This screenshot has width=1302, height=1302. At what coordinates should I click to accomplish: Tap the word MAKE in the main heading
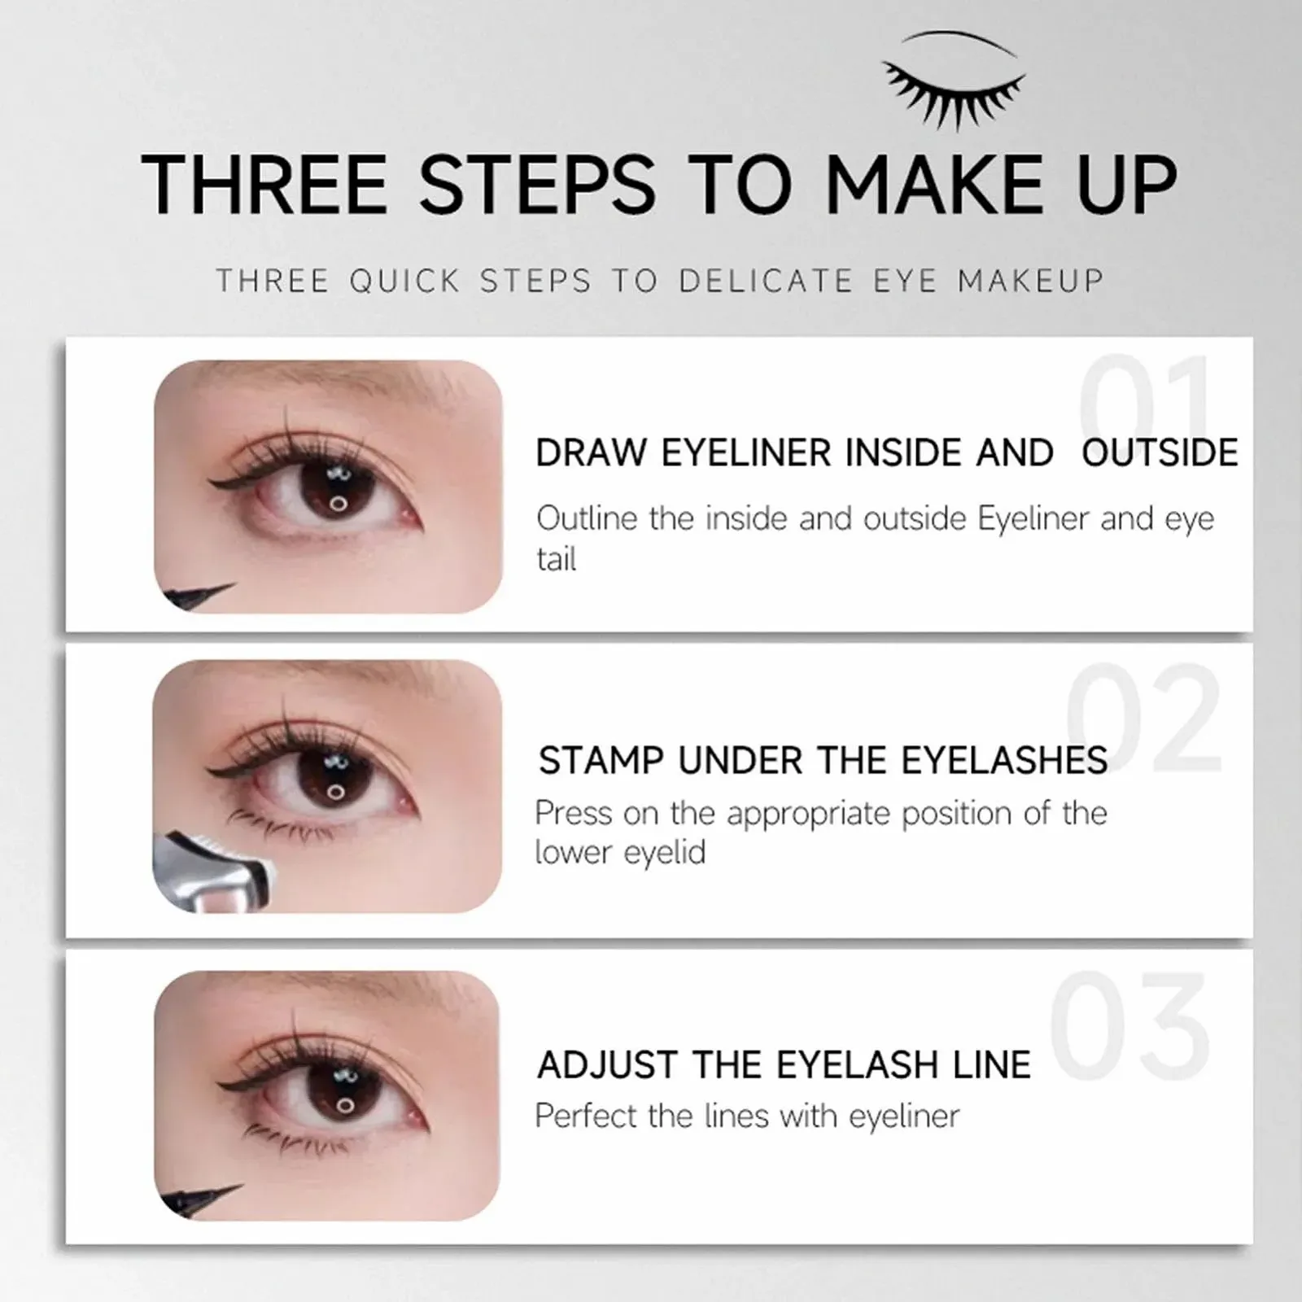936,185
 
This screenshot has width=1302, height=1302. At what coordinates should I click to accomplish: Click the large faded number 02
1143,716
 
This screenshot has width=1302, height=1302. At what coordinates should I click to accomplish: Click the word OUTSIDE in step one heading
1160,453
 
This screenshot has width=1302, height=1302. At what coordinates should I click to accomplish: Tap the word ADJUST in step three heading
606,1065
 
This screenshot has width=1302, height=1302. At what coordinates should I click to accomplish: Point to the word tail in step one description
557,560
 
